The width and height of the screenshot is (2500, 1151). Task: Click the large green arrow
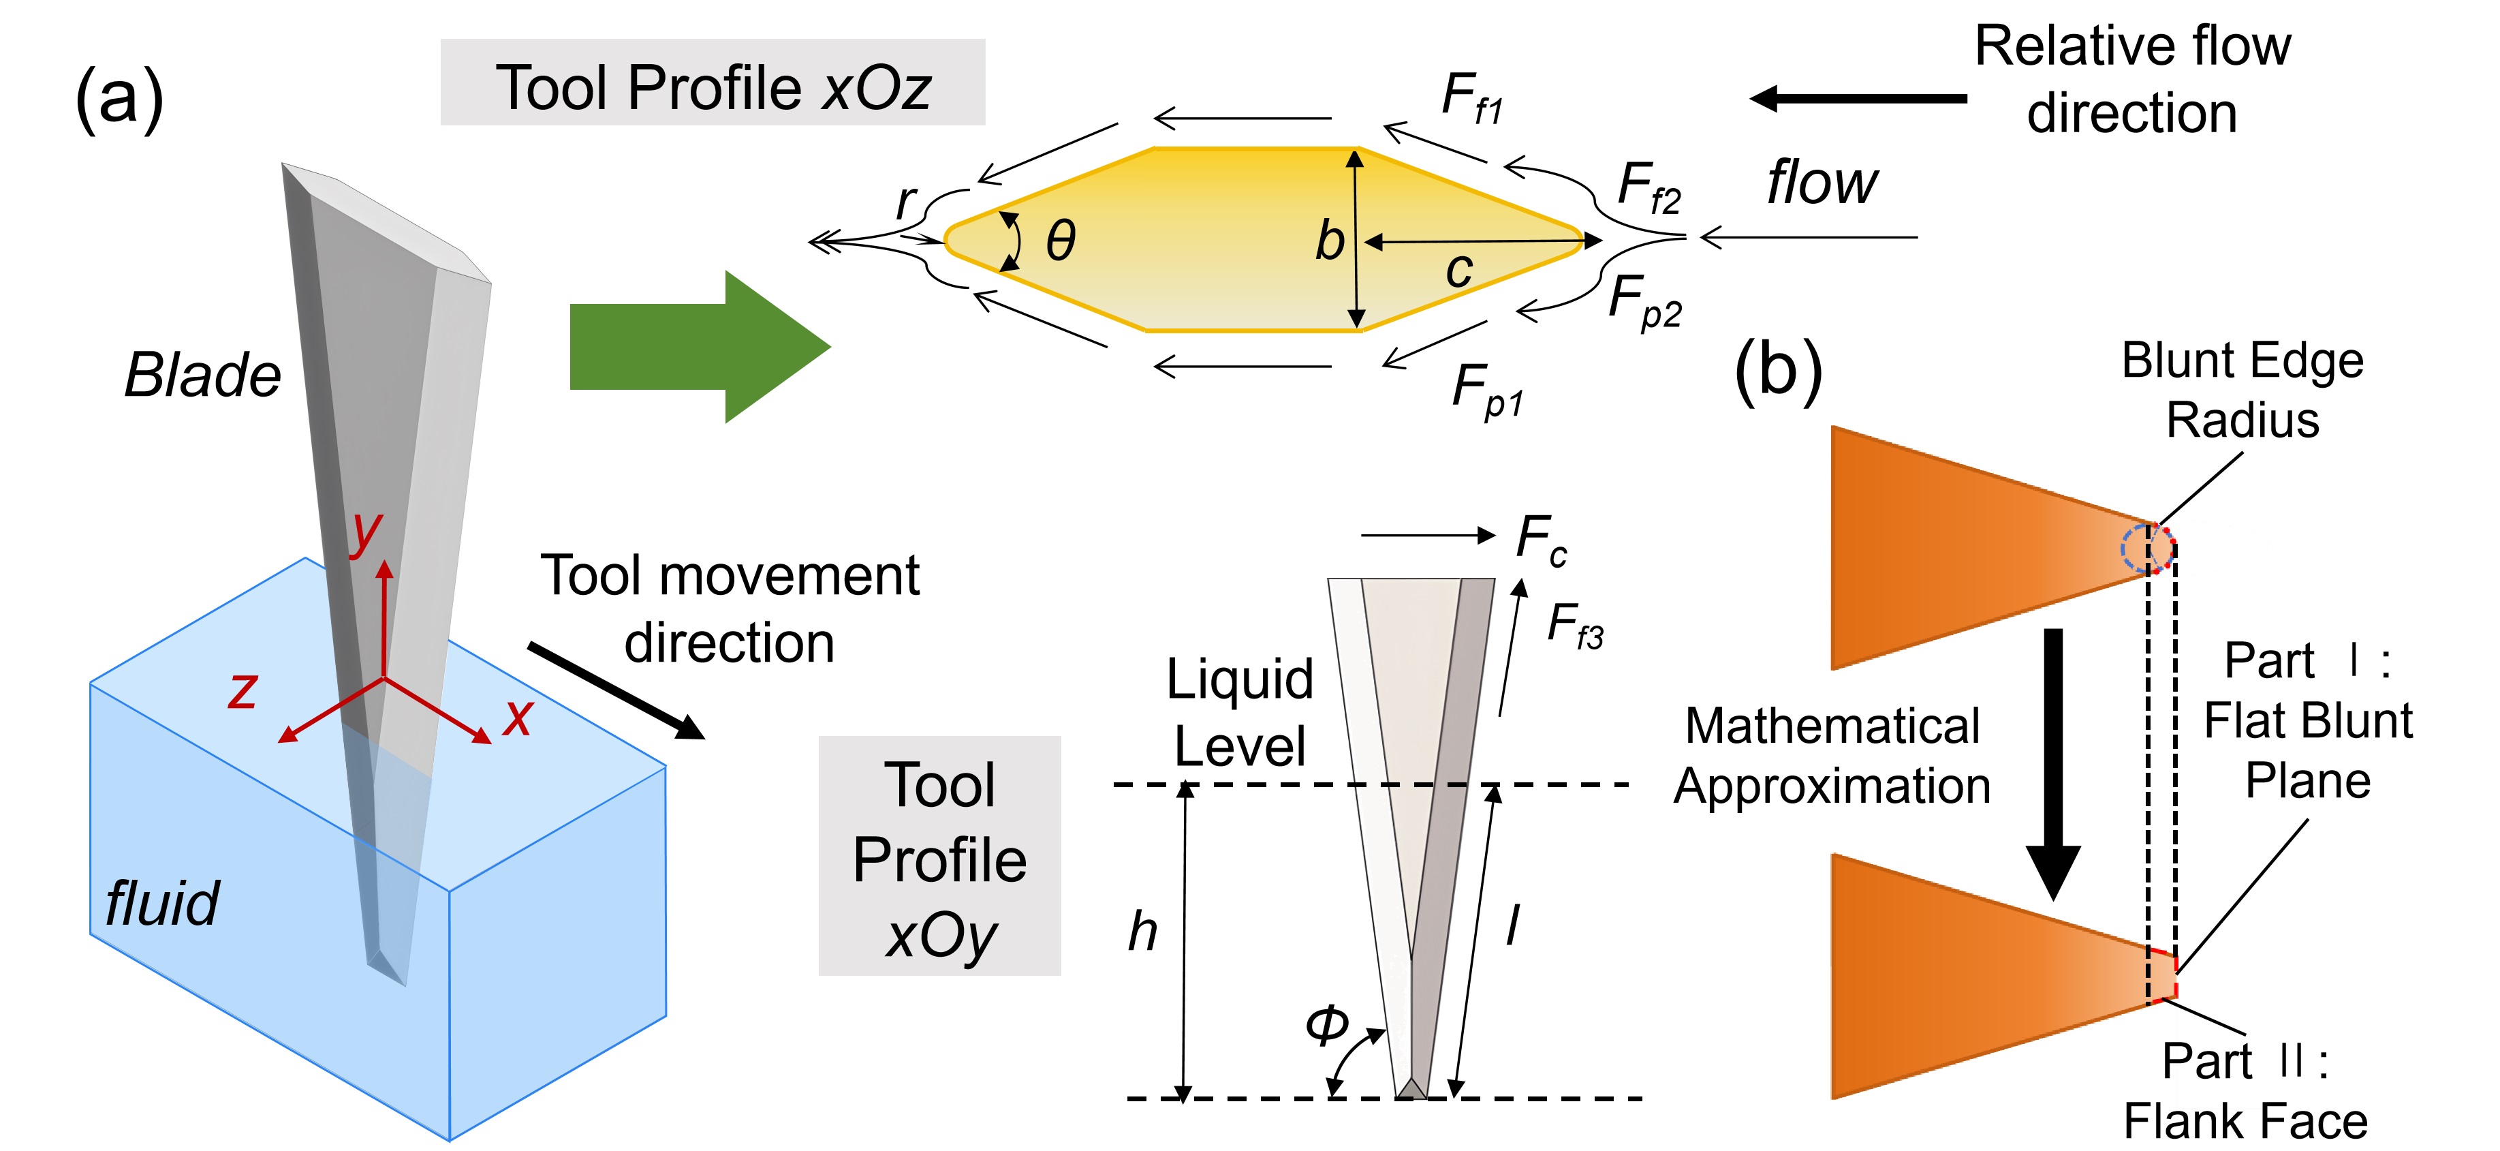pos(700,346)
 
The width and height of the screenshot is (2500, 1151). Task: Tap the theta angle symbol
pos(1061,240)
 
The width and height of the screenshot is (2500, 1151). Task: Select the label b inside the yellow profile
pos(1330,240)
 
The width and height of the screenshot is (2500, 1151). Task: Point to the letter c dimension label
pos(1458,270)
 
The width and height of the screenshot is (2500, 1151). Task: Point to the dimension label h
pos(1142,932)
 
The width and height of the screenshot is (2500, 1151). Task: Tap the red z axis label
pos(243,691)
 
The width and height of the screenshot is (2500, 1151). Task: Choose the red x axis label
pos(518,718)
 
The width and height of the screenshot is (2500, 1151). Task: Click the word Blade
pos(203,375)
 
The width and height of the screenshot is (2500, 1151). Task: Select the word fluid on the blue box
pos(162,904)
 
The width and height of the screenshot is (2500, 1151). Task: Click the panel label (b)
pos(1779,371)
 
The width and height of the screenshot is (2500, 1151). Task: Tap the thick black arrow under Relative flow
pos(1858,98)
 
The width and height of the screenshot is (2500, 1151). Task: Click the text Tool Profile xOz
pos(713,87)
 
